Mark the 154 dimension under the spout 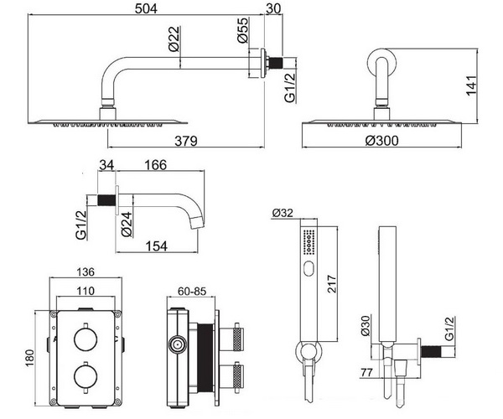click(x=153, y=244)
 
